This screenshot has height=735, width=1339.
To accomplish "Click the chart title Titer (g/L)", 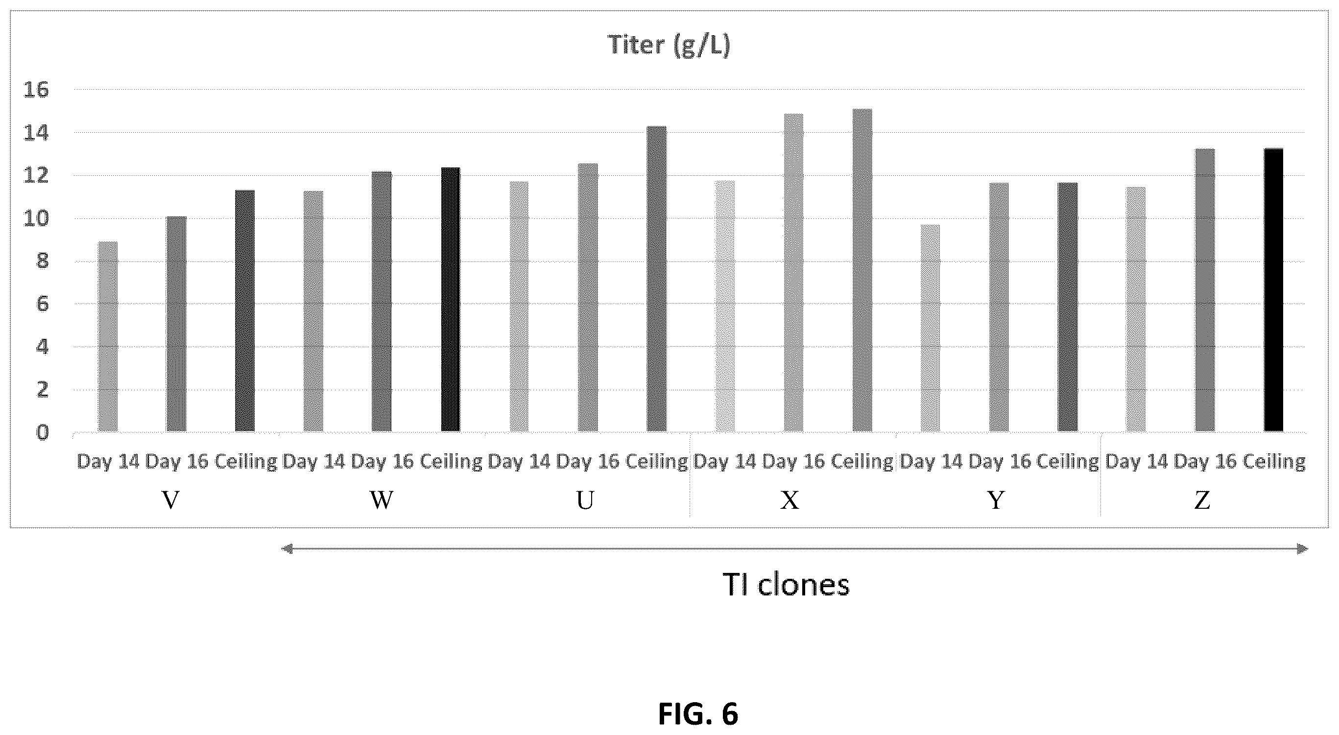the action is [669, 46].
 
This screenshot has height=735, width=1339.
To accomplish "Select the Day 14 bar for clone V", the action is [108, 336].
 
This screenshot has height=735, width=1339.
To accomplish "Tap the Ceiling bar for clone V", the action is [245, 311].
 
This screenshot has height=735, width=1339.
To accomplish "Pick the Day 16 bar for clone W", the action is [382, 302].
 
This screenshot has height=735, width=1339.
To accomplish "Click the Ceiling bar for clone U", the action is [656, 279].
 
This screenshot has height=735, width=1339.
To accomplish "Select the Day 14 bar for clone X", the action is [725, 306].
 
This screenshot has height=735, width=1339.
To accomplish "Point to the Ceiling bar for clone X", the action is [862, 270].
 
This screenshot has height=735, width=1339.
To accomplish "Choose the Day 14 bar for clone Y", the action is [930, 328].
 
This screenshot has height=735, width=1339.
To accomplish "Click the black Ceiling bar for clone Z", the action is [1273, 290].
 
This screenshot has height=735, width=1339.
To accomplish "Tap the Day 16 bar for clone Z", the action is [1205, 290].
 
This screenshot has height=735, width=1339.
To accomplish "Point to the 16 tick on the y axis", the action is [36, 90].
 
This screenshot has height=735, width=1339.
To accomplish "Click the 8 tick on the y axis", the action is [42, 261].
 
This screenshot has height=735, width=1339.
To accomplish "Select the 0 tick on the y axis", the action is [42, 432].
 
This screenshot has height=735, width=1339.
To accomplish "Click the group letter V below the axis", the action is [171, 500].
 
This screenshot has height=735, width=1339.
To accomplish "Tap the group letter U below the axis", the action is [585, 500].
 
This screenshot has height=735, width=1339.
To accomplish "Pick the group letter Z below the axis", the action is [1202, 500].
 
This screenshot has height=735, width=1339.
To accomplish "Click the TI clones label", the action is [786, 585].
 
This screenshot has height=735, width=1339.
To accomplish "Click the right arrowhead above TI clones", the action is [1302, 549].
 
